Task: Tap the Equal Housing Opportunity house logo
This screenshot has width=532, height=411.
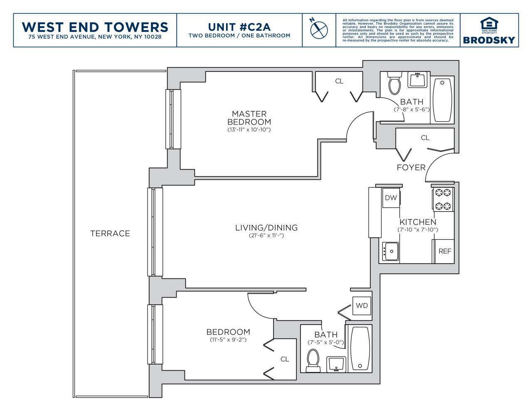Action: click(x=489, y=24)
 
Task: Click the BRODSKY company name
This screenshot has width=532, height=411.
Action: click(x=489, y=40)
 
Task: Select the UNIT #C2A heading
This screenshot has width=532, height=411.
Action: click(x=239, y=27)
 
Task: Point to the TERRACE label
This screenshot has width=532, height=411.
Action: click(x=110, y=234)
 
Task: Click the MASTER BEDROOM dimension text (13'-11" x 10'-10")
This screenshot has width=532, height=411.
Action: click(x=249, y=130)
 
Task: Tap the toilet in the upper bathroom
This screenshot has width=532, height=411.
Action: click(x=395, y=83)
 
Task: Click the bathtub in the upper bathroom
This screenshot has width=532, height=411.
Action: click(x=442, y=100)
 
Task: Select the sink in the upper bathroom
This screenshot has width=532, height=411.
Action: click(x=417, y=79)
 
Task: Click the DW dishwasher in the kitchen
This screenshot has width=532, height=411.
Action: click(x=391, y=198)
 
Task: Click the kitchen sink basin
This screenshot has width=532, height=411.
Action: click(x=391, y=251)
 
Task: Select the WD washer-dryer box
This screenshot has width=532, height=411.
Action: click(x=362, y=306)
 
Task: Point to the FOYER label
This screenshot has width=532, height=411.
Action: click(x=411, y=167)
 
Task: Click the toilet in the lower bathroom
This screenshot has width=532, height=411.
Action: click(x=313, y=361)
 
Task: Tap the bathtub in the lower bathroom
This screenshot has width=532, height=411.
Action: click(x=360, y=349)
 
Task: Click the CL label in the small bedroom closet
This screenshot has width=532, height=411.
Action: click(x=285, y=359)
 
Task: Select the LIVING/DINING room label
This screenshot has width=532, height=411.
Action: click(x=266, y=228)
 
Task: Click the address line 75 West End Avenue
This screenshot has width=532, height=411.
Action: click(x=95, y=37)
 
